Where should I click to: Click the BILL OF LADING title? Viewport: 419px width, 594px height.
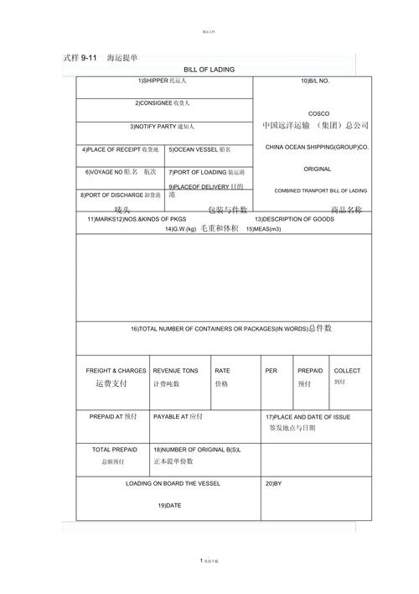pos(209,70)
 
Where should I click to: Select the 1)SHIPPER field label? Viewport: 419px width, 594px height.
pos(163,81)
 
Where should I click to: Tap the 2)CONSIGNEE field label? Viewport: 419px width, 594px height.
pos(163,103)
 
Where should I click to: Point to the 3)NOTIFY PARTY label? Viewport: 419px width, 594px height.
pos(162,127)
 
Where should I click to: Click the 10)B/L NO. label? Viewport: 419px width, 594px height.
pos(315,81)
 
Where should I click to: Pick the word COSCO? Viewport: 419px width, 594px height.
pos(318,113)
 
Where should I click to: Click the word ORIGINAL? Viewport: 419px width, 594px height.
pos(318,169)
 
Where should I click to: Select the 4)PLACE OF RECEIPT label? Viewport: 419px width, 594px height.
pos(120,150)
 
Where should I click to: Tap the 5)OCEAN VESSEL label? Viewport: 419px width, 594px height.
pos(199,150)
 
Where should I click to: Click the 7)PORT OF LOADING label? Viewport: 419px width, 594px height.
pos(206,172)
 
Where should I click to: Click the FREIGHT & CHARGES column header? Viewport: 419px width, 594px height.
pos(116,370)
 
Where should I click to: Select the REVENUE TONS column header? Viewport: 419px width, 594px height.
pos(175,370)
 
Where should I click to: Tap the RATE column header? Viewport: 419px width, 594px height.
pos(222,370)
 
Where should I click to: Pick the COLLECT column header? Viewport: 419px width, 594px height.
pos(347,370)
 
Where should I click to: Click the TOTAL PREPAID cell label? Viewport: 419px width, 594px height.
pos(114,450)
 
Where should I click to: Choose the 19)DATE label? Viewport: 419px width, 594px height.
pos(169,506)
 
